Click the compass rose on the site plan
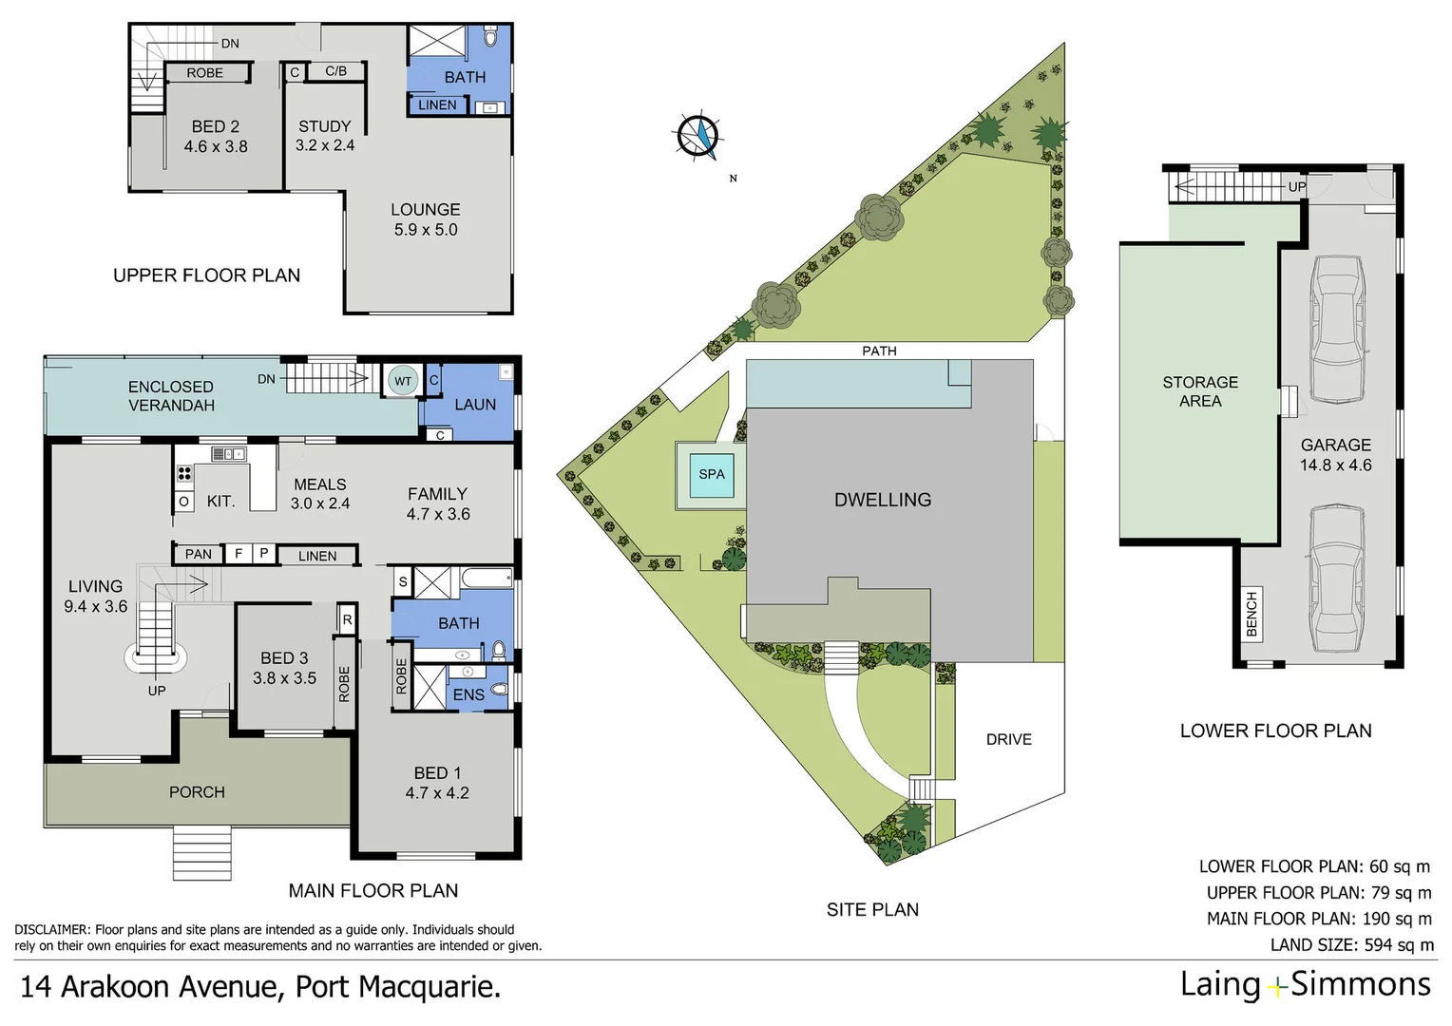(698, 137)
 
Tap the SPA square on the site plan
(711, 474)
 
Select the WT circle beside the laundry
(403, 381)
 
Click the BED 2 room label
(216, 127)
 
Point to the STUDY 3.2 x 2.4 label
(325, 136)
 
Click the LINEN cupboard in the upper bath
(437, 104)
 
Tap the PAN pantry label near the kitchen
(199, 554)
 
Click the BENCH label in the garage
(1251, 614)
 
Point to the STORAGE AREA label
(1200, 391)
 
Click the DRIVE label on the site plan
(1008, 739)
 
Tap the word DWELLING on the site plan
(882, 500)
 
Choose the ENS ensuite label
(468, 695)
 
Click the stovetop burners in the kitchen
(184, 472)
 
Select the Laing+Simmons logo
(1305, 985)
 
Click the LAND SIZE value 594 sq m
(1400, 944)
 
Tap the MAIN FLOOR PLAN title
(373, 890)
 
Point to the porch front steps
(201, 853)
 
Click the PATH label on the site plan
(879, 351)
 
